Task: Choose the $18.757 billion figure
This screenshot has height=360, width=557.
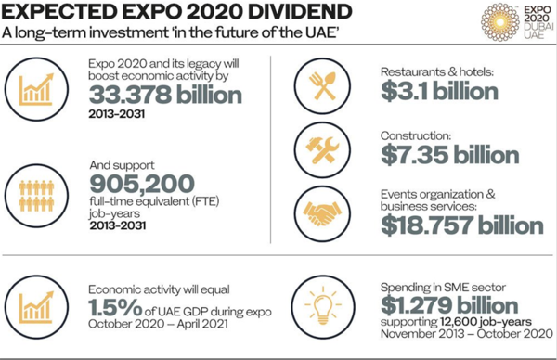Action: click(x=461, y=224)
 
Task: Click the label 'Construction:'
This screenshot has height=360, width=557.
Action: click(x=416, y=135)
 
